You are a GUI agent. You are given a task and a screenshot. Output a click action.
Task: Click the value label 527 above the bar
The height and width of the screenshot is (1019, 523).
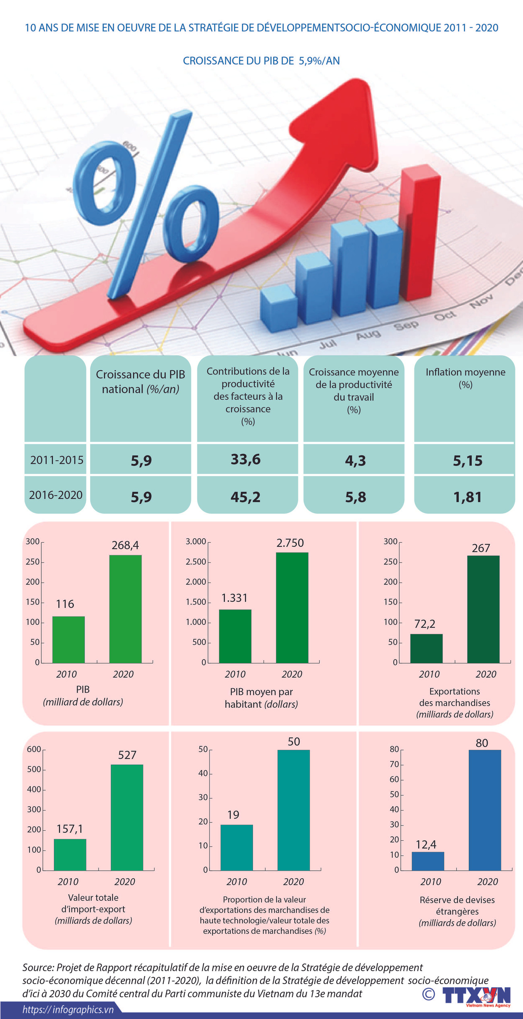pyautogui.click(x=127, y=755)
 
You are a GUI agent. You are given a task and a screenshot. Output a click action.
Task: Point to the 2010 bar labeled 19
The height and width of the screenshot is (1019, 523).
pyautogui.click(x=237, y=847)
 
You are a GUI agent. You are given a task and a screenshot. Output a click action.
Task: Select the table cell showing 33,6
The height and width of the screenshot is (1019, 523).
pyautogui.click(x=245, y=459)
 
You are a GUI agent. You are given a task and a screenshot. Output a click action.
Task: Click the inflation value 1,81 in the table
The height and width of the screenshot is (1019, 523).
pyautogui.click(x=467, y=497)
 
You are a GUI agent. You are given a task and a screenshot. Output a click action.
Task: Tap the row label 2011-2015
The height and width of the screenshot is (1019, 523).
pyautogui.click(x=57, y=460)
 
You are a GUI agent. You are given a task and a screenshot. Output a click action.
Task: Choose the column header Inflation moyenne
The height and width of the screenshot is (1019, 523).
pyautogui.click(x=465, y=372)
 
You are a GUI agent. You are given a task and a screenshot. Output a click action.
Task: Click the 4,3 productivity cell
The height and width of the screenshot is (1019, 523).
pyautogui.click(x=355, y=460)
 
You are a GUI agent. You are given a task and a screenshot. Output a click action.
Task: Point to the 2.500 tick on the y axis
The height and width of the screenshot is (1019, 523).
pyautogui.click(x=196, y=562)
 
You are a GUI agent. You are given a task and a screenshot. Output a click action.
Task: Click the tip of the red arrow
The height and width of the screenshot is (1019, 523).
pyautogui.click(x=358, y=84)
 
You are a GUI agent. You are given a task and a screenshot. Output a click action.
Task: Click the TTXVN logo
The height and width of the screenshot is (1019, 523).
pyautogui.click(x=476, y=995)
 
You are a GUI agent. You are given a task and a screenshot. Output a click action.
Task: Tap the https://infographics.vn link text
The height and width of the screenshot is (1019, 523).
pyautogui.click(x=68, y=1009)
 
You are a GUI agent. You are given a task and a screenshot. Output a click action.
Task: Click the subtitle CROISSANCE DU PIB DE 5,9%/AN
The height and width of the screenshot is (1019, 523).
pyautogui.click(x=261, y=61)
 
